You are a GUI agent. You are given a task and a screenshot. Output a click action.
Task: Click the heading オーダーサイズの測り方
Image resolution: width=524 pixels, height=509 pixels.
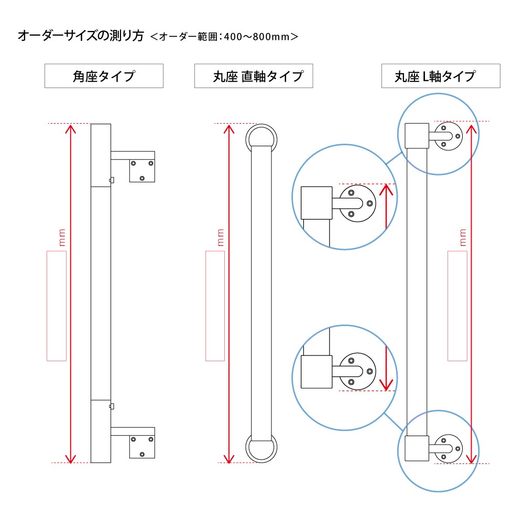point(81,36)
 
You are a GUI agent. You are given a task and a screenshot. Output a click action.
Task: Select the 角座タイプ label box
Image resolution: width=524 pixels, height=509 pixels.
point(104,77)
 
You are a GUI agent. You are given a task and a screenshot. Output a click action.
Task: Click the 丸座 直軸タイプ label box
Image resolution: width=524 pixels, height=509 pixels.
point(254,77)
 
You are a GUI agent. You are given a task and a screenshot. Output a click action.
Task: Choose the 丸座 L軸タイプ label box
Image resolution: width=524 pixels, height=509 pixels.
point(440,77)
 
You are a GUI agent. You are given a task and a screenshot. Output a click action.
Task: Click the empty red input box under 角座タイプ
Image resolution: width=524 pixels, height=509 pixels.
point(57,306)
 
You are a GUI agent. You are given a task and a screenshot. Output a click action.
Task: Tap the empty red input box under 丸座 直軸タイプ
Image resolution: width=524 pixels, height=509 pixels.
point(215,306)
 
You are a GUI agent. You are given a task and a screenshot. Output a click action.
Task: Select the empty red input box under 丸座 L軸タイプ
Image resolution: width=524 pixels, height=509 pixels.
point(457,306)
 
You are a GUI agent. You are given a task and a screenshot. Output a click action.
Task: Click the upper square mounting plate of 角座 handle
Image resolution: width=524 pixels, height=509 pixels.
point(142,170)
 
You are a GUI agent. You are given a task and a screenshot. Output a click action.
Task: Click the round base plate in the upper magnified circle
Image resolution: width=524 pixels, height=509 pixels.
point(356,203)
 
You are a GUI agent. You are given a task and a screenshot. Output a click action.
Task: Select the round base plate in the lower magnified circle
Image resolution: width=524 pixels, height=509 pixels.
point(357,371)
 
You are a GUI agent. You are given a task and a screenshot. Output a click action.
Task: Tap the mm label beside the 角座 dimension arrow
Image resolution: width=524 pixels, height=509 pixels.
point(62,237)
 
